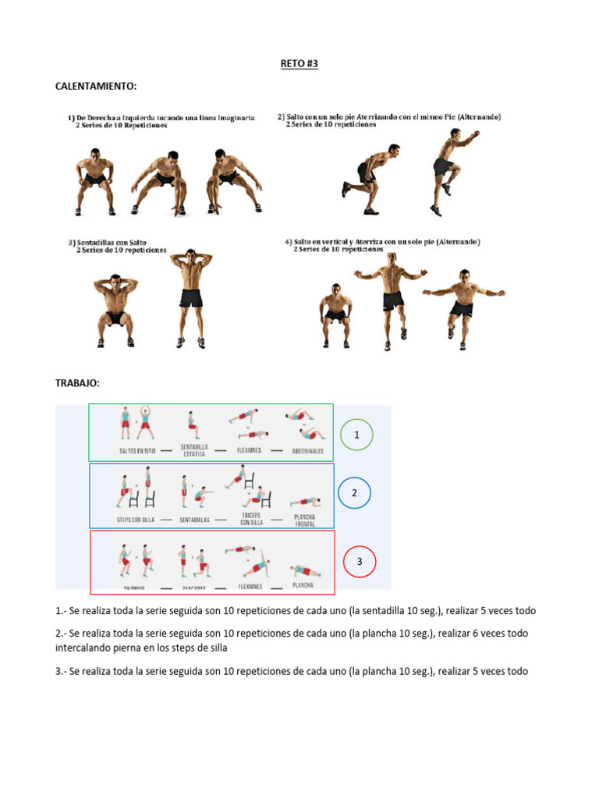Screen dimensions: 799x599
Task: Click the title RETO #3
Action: click(299, 64)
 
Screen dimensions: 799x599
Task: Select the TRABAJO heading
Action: click(77, 383)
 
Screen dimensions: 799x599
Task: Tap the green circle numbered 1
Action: click(356, 435)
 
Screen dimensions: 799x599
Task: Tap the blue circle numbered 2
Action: click(354, 492)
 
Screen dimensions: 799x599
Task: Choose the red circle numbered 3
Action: click(360, 561)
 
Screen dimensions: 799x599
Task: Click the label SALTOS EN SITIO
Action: click(138, 450)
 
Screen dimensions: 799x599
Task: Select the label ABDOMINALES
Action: click(307, 450)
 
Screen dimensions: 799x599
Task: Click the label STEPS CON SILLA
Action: click(137, 518)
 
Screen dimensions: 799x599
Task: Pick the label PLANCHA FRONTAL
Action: click(304, 519)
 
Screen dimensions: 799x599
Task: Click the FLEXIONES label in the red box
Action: click(250, 585)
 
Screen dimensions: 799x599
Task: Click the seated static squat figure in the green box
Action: click(192, 426)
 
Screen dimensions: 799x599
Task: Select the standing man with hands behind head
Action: click(188, 297)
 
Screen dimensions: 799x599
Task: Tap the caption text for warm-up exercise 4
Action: click(382, 246)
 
